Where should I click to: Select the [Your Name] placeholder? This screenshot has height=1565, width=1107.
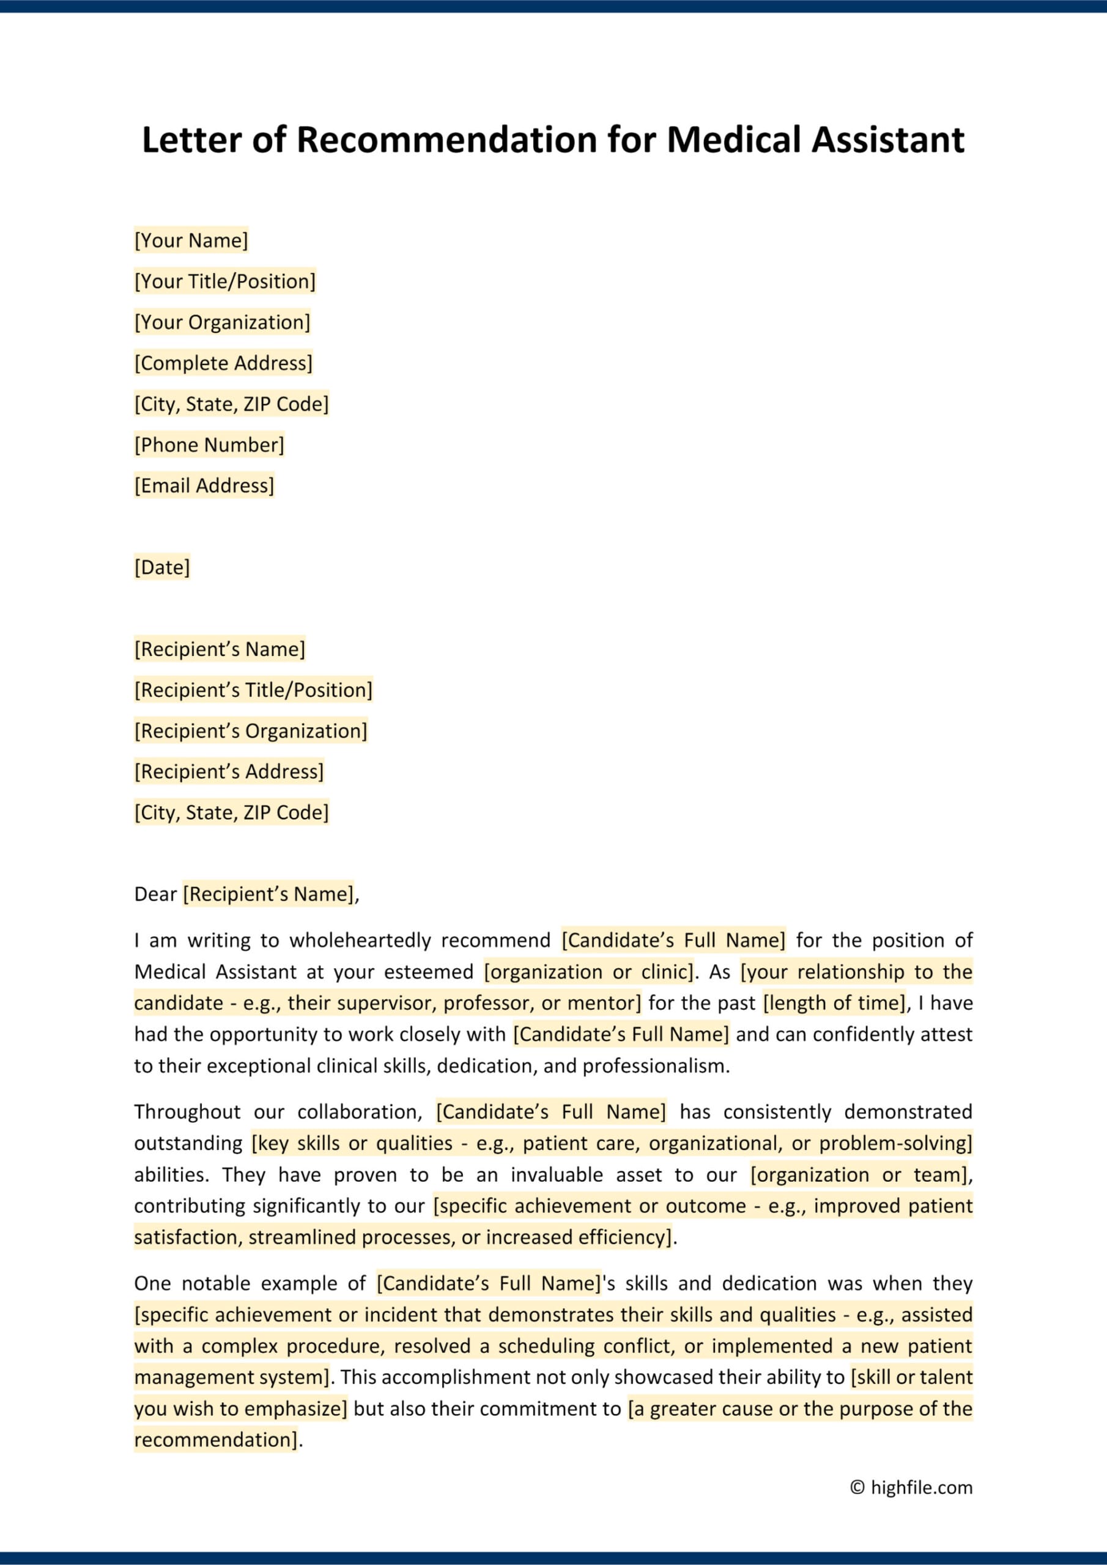click(191, 241)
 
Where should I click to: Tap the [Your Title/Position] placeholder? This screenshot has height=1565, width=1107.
click(224, 281)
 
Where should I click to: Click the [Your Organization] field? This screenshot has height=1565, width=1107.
click(221, 322)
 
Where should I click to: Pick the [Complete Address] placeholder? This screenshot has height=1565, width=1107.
click(223, 363)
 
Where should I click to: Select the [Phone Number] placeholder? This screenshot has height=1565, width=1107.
click(209, 445)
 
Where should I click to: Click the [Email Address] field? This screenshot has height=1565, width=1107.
click(204, 486)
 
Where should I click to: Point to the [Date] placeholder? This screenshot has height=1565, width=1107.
click(161, 567)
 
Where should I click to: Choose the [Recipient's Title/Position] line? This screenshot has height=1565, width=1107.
click(253, 690)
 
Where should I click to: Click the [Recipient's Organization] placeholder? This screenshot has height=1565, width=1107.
click(250, 731)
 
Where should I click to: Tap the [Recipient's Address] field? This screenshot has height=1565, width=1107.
click(229, 771)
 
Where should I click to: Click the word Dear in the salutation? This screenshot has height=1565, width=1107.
click(155, 894)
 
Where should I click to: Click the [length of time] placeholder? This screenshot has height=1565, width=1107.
click(834, 1003)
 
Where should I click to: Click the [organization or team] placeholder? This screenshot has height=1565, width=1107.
click(859, 1175)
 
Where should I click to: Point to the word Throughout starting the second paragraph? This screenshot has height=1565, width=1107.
click(187, 1113)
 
